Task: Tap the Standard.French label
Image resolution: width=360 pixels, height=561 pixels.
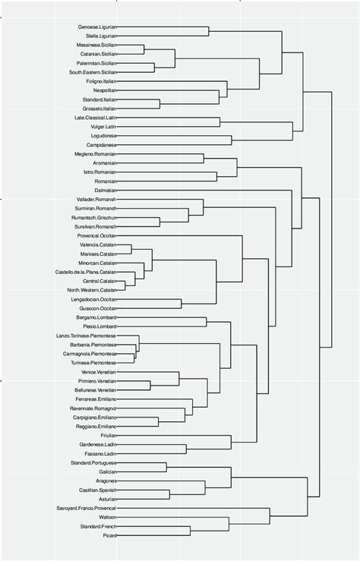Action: pos(98,526)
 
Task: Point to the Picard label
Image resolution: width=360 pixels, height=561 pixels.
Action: pos(109,536)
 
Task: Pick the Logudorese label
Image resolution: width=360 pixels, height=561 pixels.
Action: pos(103,136)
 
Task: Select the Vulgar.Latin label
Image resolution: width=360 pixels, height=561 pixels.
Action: pos(101,127)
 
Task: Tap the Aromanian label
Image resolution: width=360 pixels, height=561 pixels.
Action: pos(103,163)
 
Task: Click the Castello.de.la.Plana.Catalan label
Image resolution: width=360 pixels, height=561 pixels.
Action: pos(86,272)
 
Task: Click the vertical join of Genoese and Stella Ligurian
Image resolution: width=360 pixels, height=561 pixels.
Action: pos(209,32)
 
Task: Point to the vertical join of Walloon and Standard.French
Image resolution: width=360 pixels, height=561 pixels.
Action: pos(229,522)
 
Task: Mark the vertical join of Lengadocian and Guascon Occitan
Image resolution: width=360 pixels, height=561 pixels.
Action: pos(181,304)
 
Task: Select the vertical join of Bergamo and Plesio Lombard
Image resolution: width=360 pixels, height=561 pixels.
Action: pos(207,322)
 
